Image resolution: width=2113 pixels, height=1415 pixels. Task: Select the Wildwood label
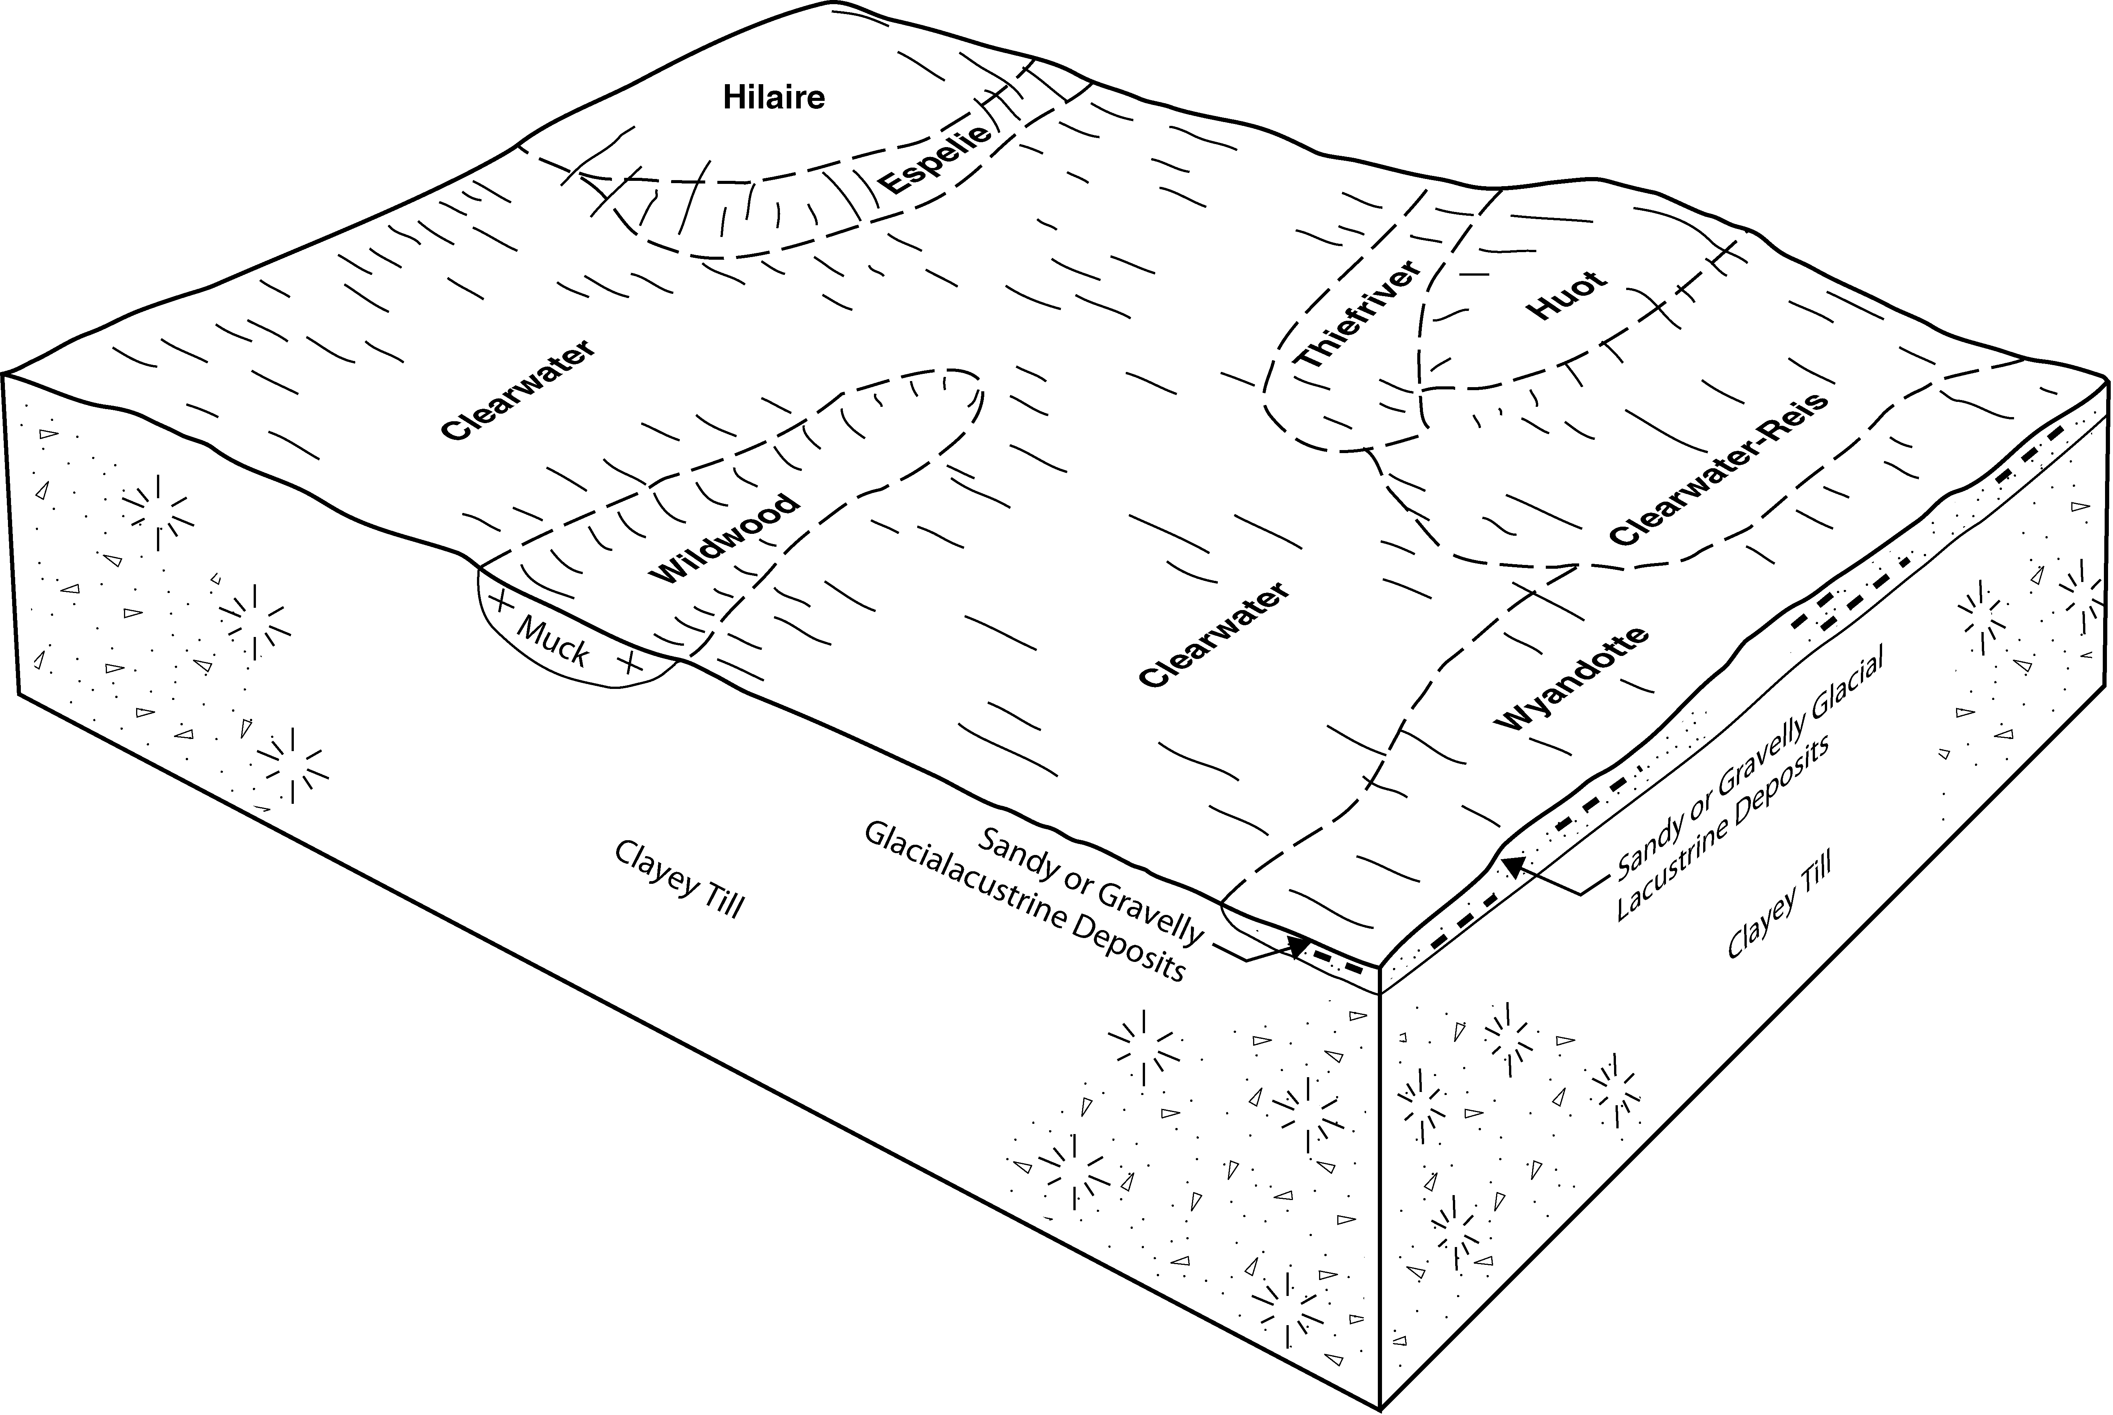pos(725,540)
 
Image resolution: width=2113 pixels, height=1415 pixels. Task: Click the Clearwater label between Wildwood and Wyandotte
pos(1214,634)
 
